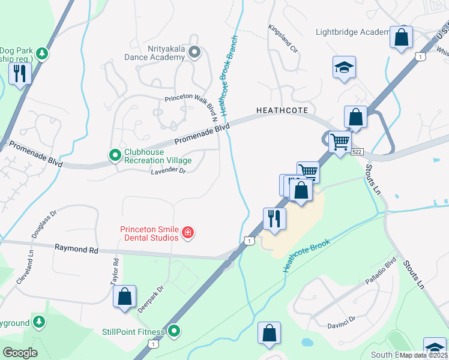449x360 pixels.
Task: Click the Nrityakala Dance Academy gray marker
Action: click(x=194, y=53)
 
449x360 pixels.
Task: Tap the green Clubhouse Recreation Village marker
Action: click(x=115, y=156)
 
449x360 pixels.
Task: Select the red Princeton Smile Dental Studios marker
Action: click(x=188, y=233)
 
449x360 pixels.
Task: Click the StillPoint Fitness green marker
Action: click(x=174, y=331)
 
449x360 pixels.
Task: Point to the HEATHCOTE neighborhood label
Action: click(x=282, y=110)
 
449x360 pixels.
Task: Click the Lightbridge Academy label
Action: click(x=353, y=32)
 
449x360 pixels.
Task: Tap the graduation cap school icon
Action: click(x=345, y=68)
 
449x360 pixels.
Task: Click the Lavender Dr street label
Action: click(x=169, y=171)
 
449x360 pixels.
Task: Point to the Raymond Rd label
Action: click(x=76, y=248)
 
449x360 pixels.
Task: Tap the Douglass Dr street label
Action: click(x=44, y=224)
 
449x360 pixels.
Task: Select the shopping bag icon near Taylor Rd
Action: click(x=124, y=296)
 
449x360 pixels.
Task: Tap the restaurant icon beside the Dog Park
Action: click(x=20, y=74)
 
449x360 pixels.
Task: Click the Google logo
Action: click(x=20, y=352)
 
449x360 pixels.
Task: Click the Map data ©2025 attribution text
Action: click(x=424, y=355)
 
